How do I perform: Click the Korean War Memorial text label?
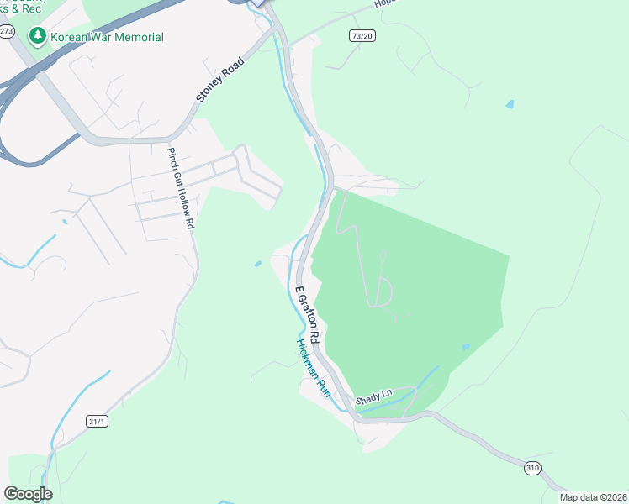click(x=107, y=37)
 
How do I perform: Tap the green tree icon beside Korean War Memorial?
click(x=37, y=37)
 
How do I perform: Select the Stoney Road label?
click(x=220, y=80)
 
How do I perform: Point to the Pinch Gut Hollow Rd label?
click(x=181, y=189)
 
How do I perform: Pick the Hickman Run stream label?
click(x=312, y=368)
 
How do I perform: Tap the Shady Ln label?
click(x=374, y=395)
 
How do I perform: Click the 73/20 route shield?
click(x=362, y=35)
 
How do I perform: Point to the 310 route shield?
click(x=531, y=468)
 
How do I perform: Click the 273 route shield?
click(x=7, y=31)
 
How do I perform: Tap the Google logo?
click(x=29, y=493)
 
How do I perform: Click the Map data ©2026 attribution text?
click(x=592, y=497)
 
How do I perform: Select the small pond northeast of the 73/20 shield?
click(x=510, y=104)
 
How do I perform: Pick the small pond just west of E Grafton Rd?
click(x=257, y=264)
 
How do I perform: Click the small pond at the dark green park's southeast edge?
click(x=466, y=346)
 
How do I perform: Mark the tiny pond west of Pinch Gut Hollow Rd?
click(x=64, y=222)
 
